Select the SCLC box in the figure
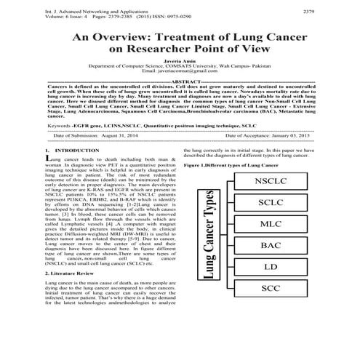[x=271, y=203]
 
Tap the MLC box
[x=271, y=224]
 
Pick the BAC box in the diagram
[x=271, y=246]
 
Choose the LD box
[x=271, y=267]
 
